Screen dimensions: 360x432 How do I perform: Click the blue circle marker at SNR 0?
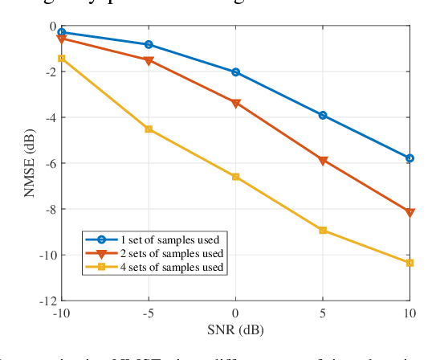[235, 72]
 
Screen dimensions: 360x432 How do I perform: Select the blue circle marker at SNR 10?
[410, 158]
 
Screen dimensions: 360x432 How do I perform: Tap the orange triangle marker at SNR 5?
[323, 161]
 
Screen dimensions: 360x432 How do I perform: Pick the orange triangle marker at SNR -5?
[149, 60]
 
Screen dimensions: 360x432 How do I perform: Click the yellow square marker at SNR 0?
[235, 177]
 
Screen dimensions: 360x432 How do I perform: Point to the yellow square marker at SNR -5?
[149, 129]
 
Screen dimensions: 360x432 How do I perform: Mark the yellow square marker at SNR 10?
[410, 263]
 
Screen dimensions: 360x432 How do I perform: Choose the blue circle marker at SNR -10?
[62, 32]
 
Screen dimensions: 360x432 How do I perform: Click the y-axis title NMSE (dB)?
[30, 163]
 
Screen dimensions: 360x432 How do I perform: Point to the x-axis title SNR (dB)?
[235, 330]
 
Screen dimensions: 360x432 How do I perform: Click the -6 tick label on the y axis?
[50, 163]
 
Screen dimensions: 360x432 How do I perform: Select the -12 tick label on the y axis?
[47, 301]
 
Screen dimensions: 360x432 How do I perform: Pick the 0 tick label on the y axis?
[52, 26]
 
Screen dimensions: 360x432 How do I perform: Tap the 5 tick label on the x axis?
[323, 313]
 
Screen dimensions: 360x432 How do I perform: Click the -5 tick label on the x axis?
[148, 313]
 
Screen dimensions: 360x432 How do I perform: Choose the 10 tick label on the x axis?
[410, 313]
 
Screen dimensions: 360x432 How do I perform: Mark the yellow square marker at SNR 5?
[323, 231]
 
